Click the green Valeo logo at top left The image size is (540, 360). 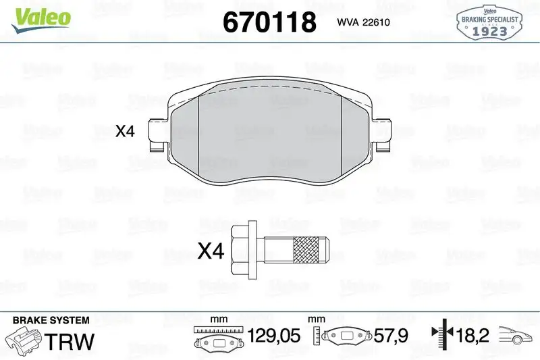coord(38,16)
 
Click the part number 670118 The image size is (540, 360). coord(269,22)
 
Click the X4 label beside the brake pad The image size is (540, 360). coord(126,131)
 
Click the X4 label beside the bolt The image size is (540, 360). coord(210,252)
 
